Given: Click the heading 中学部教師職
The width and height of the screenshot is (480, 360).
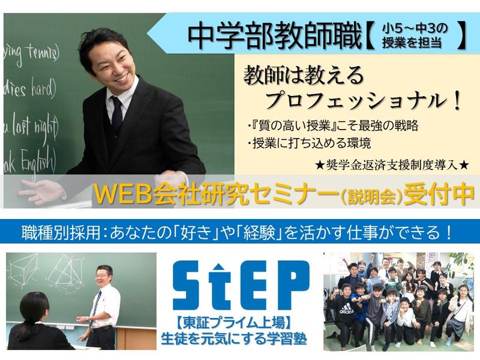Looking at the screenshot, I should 273,37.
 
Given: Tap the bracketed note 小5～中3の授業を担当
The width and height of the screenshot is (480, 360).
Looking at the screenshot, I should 414,37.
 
